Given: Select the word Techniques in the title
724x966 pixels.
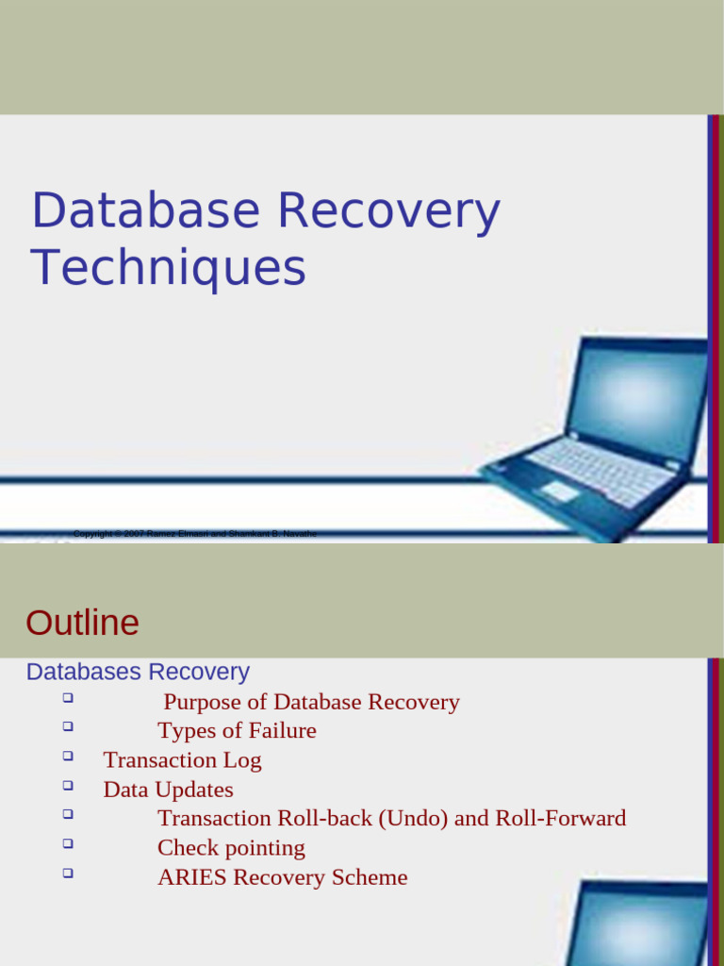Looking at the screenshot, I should (169, 268).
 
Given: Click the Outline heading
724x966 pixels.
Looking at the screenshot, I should (83, 623).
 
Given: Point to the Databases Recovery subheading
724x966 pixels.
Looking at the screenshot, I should (138, 672).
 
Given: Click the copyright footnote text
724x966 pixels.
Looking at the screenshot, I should (195, 534).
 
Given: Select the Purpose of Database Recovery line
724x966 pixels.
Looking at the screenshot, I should (311, 702).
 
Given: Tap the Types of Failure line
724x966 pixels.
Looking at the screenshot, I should (237, 731).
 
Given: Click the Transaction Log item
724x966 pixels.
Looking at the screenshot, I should (182, 760).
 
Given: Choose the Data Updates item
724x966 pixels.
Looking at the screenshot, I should (168, 790).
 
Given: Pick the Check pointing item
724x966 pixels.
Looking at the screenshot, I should (231, 848).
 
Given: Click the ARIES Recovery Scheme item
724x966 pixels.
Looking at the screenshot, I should (282, 877).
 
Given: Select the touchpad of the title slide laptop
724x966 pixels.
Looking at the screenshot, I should (559, 491).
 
